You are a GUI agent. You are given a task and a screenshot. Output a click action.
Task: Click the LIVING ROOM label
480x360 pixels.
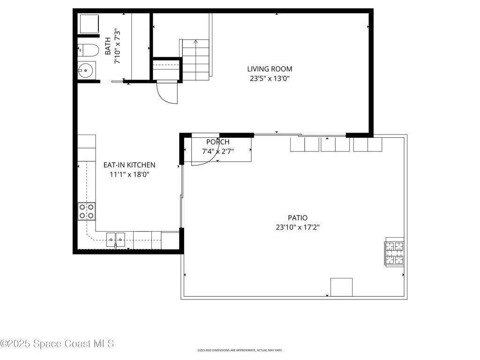pos(270,69)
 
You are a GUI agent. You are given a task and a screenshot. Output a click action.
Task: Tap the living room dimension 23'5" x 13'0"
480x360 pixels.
pos(270,78)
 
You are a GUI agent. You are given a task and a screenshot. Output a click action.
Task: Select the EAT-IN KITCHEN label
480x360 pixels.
pos(129,165)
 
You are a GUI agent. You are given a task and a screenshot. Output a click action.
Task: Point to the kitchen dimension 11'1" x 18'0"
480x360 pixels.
pos(129,174)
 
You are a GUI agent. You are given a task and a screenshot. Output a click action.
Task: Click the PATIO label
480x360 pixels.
pos(298,217)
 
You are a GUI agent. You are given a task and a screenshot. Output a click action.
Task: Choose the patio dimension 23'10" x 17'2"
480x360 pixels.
pos(298,227)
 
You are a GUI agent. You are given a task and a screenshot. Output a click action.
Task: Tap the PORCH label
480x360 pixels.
pos(217,142)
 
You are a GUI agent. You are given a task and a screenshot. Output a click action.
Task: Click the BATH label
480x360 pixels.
pos(108,46)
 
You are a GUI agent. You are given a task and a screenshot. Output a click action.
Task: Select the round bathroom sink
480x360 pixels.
pos(86,70)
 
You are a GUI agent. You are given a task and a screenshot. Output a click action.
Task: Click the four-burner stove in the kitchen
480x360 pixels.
pos(86,211)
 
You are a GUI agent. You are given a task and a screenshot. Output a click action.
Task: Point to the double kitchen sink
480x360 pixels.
pos(115,240)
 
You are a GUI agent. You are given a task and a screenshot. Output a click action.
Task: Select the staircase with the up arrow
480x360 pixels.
pos(196,60)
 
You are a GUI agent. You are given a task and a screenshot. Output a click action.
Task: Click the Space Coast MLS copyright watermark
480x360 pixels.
pos(58,344)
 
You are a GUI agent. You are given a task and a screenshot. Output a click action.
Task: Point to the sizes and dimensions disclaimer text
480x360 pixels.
pos(240,350)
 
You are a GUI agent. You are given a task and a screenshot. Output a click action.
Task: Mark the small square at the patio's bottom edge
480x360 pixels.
pos(341,287)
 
